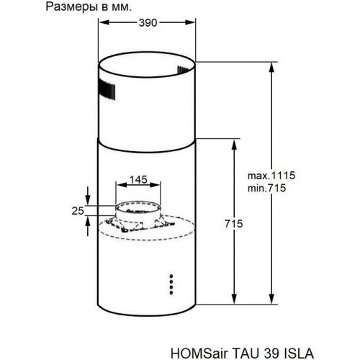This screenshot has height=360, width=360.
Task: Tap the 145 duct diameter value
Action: (x=139, y=179)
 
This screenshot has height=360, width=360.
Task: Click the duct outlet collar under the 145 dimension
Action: (x=139, y=210)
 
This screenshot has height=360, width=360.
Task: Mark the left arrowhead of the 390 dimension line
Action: (x=100, y=23)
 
